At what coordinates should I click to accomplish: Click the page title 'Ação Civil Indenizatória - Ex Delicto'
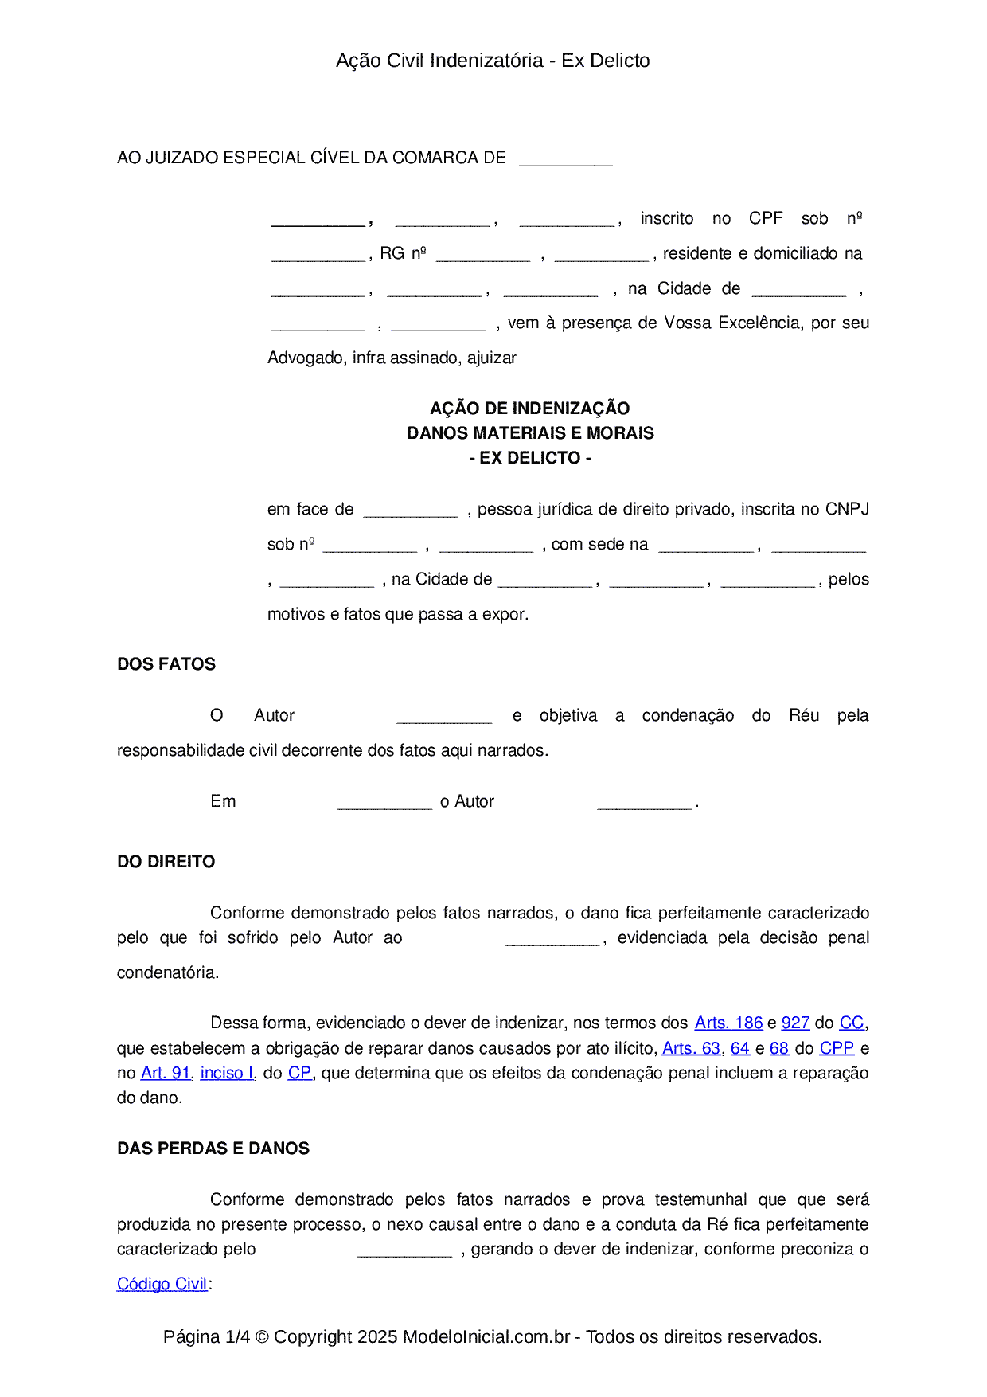[x=493, y=61]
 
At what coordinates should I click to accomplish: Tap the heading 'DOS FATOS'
[x=166, y=664]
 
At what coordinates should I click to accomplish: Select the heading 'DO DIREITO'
[x=166, y=862]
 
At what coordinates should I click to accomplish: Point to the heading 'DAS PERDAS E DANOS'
[x=213, y=1149]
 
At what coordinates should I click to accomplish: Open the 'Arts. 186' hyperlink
[x=728, y=1023]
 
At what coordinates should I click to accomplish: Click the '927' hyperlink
[x=795, y=1023]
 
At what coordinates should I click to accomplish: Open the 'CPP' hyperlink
[x=837, y=1048]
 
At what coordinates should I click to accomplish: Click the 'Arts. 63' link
[x=691, y=1048]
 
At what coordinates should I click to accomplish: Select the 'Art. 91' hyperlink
[x=166, y=1073]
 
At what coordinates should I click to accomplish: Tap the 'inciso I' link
[x=227, y=1073]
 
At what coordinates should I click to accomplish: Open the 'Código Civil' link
[x=162, y=1284]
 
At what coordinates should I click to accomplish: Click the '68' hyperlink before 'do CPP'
[x=779, y=1048]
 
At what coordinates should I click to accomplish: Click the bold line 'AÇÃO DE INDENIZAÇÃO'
[x=530, y=409]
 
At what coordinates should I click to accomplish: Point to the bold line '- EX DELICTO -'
[x=530, y=458]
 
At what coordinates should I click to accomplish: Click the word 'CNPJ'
[x=847, y=509]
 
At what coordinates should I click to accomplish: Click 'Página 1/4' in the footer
[x=206, y=1336]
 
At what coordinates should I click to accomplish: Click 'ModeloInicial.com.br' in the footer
[x=486, y=1336]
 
